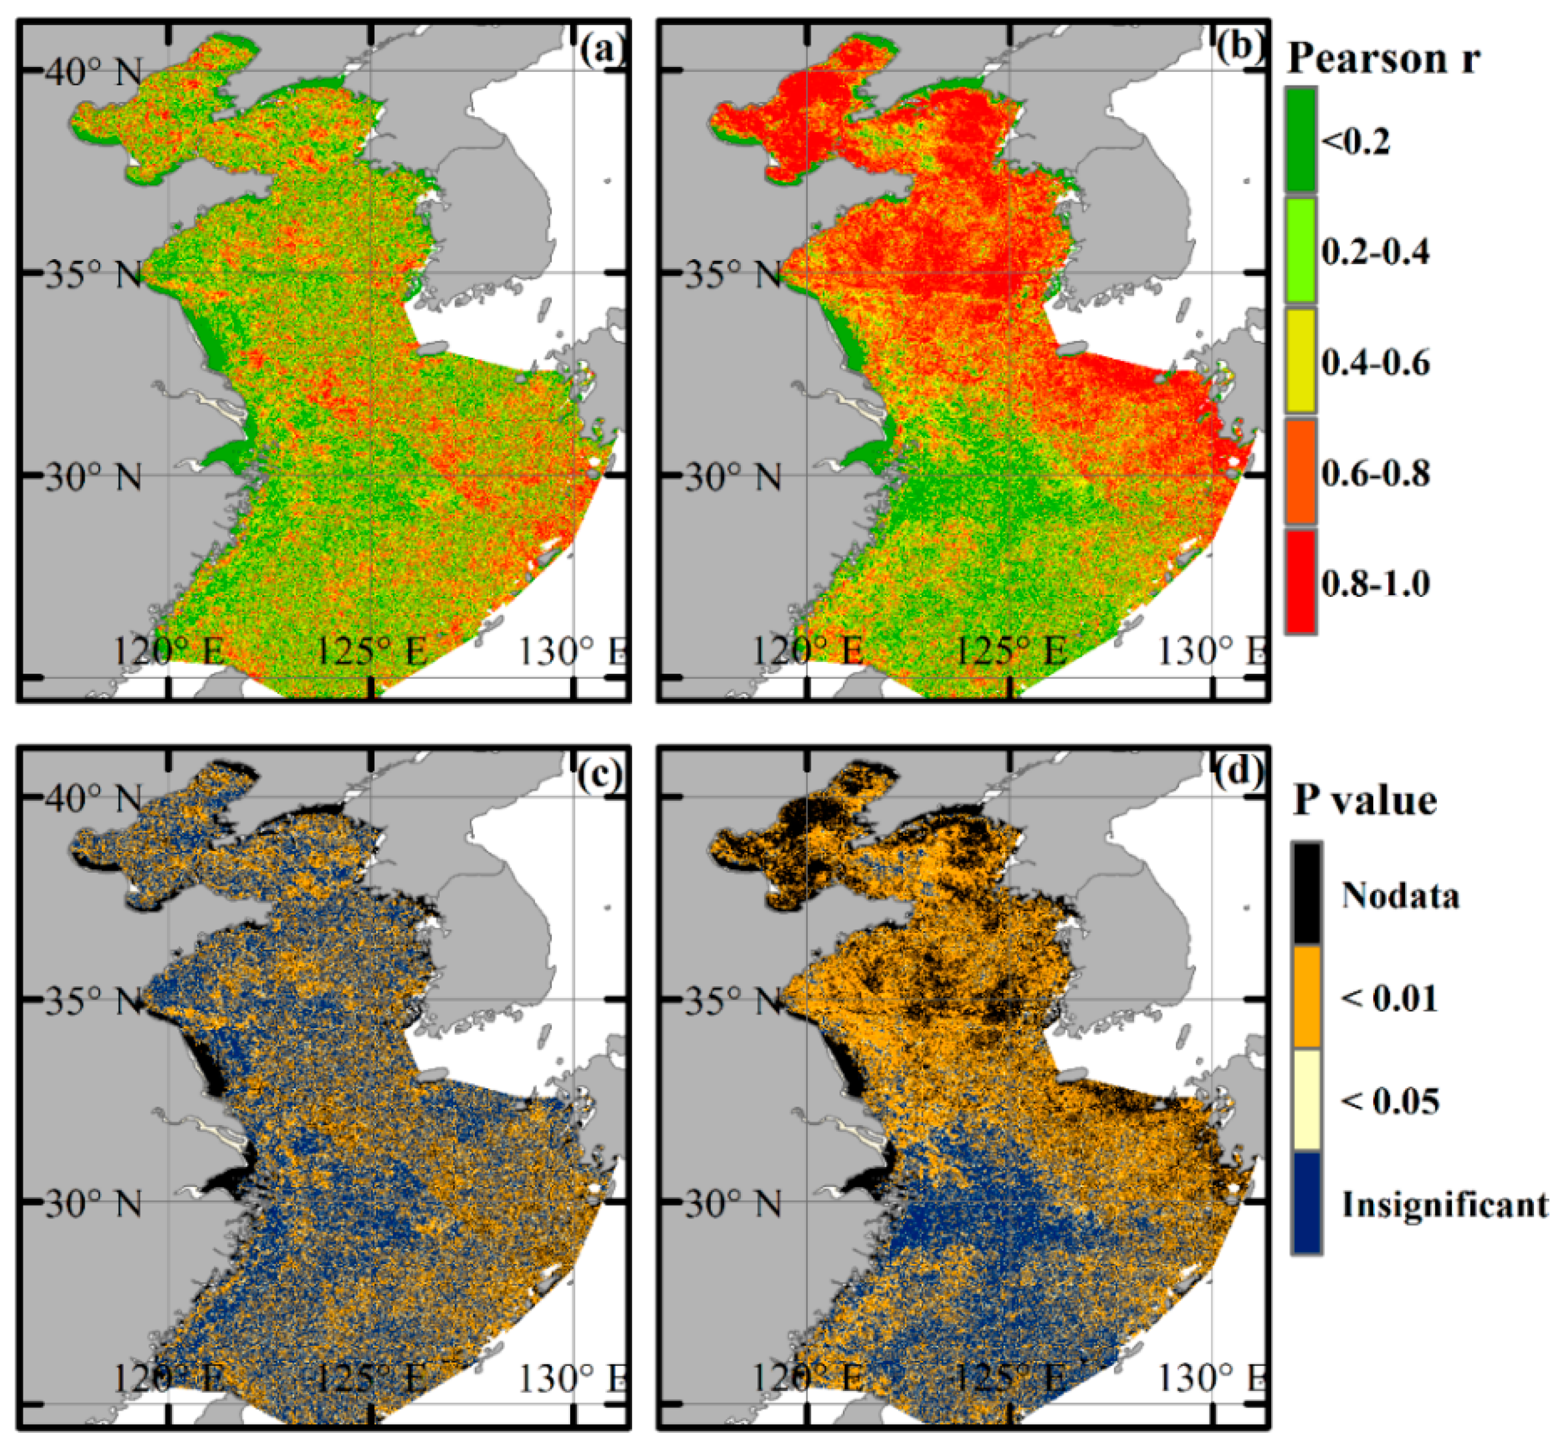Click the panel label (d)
coord(1240,776)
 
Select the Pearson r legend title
coord(1384,59)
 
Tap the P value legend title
coord(1365,801)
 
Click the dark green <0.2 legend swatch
coord(1300,140)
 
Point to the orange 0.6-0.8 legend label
coord(1376,473)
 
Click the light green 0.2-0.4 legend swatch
coord(1300,251)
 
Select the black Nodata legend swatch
coord(1307,894)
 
